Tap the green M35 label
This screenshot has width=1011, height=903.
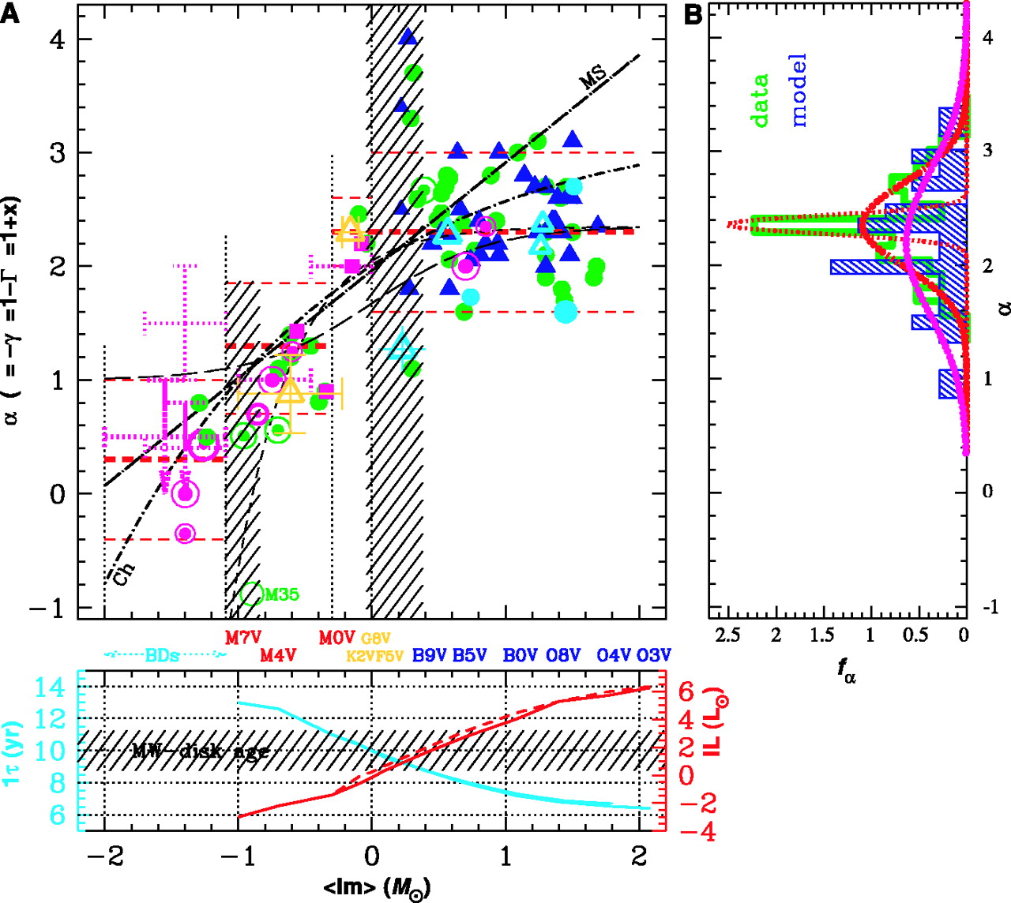(281, 594)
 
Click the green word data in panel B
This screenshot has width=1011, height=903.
(760, 100)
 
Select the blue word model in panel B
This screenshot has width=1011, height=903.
(798, 90)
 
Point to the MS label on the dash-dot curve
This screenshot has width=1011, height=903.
(593, 77)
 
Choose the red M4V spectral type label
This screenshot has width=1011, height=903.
(279, 655)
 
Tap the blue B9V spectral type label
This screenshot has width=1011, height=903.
(430, 655)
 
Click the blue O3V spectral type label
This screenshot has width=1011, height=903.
(654, 655)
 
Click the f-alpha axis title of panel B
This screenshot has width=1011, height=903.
(846, 670)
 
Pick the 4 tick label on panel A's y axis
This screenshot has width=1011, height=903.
(57, 39)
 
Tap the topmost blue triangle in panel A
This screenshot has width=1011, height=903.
(408, 36)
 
